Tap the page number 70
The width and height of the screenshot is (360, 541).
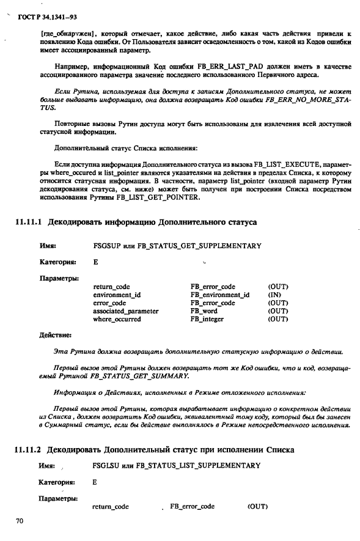(20, 520)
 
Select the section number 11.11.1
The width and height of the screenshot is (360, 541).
(28, 222)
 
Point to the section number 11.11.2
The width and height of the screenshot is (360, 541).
(28, 450)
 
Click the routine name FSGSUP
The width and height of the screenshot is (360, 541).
(106, 246)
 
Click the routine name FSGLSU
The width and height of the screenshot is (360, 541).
(105, 466)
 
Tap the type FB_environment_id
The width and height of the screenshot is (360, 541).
(220, 295)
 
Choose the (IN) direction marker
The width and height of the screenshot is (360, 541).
(276, 295)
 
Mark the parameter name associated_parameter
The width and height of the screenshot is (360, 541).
(126, 311)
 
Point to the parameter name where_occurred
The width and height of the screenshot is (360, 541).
(117, 319)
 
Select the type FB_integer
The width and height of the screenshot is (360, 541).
(207, 319)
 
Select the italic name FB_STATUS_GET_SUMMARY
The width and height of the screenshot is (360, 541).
(136, 375)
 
